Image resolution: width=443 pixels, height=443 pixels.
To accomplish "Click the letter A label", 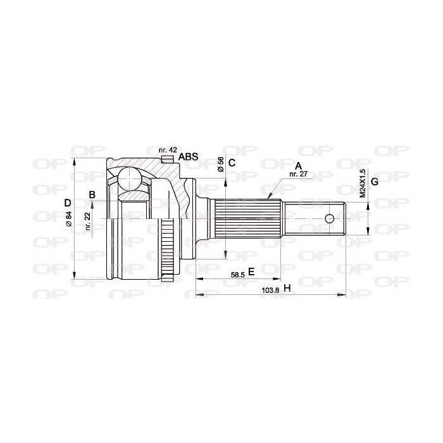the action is coord(298,166).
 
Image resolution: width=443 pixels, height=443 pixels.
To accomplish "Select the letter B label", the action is coord(92,195).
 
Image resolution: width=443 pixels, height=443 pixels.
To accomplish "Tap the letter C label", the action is coord(232,163).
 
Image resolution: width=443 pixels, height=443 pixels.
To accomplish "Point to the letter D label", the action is coord(68,203).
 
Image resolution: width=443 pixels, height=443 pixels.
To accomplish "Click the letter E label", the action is coord(251,271).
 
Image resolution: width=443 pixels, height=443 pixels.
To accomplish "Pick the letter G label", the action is coord(375,182).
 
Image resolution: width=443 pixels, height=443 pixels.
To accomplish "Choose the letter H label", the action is coord(287,288).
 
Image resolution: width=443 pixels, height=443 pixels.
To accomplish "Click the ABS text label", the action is coord(188,156).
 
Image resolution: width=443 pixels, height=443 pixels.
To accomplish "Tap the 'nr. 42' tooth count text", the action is coord(168,150).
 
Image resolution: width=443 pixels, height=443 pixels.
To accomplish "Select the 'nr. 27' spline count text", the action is coord(298,174).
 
